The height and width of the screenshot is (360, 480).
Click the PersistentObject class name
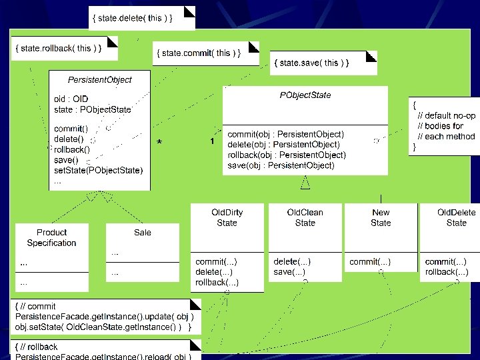coord(99,79)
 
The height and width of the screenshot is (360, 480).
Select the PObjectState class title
coord(305,95)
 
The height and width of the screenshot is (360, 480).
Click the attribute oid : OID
coord(71,99)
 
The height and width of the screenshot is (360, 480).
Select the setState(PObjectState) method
coord(98,170)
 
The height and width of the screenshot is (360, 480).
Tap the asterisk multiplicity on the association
coord(159,142)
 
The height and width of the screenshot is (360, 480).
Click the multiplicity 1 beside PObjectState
coord(212,141)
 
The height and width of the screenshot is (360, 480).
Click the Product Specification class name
coord(51,238)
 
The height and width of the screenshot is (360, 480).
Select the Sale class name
coord(142,233)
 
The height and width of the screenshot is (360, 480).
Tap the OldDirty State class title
coord(227,217)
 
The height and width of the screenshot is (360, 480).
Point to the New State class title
coord(381,217)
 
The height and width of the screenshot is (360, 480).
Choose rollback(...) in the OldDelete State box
coord(446,272)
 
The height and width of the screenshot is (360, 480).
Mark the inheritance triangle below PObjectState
coord(305,181)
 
